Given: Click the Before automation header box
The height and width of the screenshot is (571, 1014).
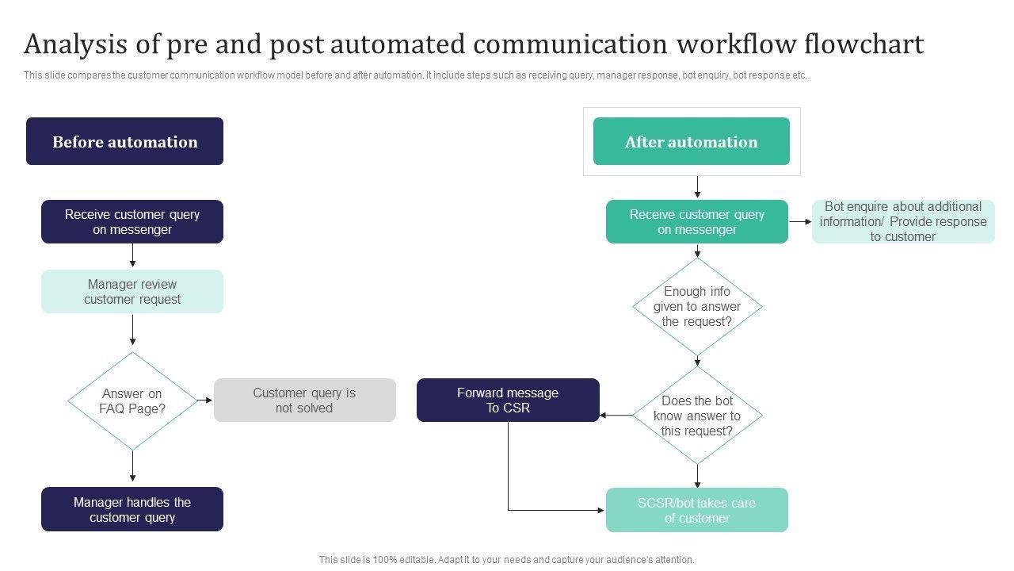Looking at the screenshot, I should tap(124, 141).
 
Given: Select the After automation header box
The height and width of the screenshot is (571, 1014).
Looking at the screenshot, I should tap(691, 141).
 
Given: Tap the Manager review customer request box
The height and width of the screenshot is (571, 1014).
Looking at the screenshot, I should tap(132, 292).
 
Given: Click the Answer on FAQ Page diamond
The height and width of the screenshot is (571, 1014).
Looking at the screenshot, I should tap(132, 401).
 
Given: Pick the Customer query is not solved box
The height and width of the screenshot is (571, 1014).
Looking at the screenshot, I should tap(304, 400).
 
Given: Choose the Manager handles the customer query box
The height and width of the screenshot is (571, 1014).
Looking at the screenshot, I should tap(132, 509).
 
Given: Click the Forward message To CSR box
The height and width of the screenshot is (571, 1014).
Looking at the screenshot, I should tap(508, 400).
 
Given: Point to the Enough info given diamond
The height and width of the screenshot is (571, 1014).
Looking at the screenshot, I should tap(697, 306).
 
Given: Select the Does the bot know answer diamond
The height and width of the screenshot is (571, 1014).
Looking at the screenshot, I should tap(697, 416).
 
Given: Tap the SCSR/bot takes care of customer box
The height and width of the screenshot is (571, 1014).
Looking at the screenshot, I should tap(697, 510).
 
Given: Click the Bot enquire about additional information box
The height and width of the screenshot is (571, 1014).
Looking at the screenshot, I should tap(903, 221).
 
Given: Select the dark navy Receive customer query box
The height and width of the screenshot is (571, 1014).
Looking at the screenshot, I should tap(132, 222).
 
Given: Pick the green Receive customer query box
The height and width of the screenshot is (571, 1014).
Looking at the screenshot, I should tap(697, 222).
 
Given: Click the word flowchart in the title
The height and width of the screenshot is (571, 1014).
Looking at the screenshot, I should tap(863, 44).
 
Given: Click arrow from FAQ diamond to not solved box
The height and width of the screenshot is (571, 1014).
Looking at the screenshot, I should tap(204, 400).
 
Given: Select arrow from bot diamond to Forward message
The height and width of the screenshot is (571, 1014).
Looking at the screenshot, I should tap(616, 415).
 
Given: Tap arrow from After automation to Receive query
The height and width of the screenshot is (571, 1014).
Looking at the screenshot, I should tap(697, 187).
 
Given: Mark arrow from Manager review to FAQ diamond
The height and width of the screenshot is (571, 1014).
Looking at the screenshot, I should tap(132, 331).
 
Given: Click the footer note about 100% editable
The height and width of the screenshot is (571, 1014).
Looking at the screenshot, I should tap(506, 560).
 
